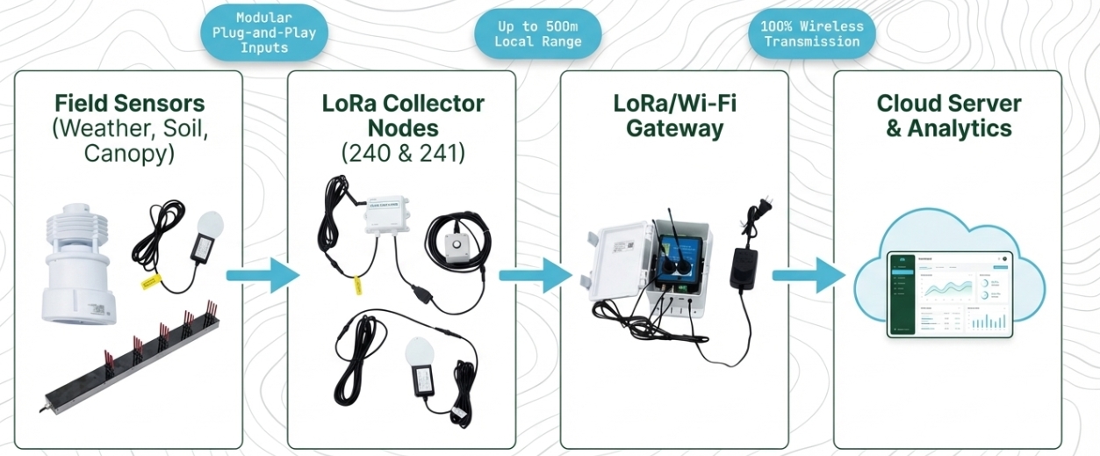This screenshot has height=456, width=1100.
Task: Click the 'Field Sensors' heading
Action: [129, 103]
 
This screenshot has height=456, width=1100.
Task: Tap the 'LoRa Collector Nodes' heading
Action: [402, 115]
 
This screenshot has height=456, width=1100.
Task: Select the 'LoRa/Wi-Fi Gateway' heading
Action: [674, 115]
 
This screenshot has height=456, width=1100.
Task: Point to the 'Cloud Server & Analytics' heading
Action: [948, 115]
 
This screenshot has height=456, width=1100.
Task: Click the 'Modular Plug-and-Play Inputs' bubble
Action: [264, 33]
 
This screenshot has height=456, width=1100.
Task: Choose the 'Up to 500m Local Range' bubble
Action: [537, 33]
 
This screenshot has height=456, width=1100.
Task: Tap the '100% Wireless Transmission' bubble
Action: [811, 33]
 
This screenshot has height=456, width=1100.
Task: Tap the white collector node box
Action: [387, 214]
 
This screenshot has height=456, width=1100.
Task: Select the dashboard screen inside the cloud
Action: [949, 293]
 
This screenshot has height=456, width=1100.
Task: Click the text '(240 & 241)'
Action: [402, 154]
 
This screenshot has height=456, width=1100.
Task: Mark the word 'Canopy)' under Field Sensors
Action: [129, 154]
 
